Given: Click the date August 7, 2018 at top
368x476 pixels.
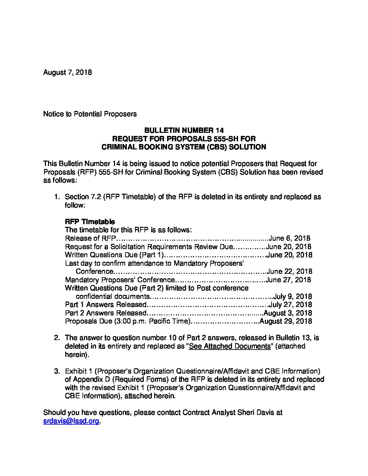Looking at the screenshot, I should (x=67, y=72).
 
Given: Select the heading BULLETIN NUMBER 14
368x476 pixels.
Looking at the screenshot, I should (x=184, y=130).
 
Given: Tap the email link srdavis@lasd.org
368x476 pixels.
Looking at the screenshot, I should (x=71, y=421).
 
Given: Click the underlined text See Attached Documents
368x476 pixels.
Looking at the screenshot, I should (x=230, y=346).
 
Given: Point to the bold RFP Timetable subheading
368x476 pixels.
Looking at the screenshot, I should (x=90, y=222).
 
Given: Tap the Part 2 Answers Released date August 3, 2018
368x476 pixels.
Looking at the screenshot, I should (x=287, y=313).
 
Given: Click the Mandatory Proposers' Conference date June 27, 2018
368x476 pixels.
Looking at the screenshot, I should (x=288, y=280).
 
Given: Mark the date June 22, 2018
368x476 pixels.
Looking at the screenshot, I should (x=289, y=271).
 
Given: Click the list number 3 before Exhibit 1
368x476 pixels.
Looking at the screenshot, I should (x=57, y=371).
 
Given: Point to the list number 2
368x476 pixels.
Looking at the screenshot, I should (x=57, y=338).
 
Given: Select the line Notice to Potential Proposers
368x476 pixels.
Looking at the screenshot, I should (x=90, y=114).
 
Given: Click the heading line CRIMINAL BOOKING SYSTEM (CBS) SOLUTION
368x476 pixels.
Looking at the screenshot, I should (x=184, y=147).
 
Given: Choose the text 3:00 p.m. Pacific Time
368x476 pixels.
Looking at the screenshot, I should (x=152, y=321).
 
